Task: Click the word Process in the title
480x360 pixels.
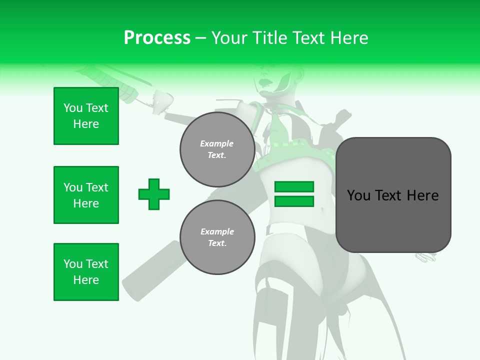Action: click(x=157, y=38)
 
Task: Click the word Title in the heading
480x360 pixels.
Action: click(x=268, y=38)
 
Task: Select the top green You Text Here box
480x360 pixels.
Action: click(x=86, y=116)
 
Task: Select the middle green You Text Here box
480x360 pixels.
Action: click(x=86, y=195)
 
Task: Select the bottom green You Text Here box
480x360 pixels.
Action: click(x=86, y=272)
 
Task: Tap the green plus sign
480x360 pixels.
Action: click(x=154, y=194)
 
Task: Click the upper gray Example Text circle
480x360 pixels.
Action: click(x=217, y=149)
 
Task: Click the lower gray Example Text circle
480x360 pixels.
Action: click(x=217, y=237)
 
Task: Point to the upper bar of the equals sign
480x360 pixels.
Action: click(x=294, y=187)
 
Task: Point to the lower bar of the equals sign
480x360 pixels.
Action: click(x=294, y=201)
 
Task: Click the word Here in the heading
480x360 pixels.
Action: click(x=348, y=38)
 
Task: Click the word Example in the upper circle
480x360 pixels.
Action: click(x=217, y=143)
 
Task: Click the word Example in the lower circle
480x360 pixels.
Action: click(x=217, y=231)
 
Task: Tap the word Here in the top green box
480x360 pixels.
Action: click(x=86, y=124)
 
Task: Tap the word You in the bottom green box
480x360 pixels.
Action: click(x=73, y=264)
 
